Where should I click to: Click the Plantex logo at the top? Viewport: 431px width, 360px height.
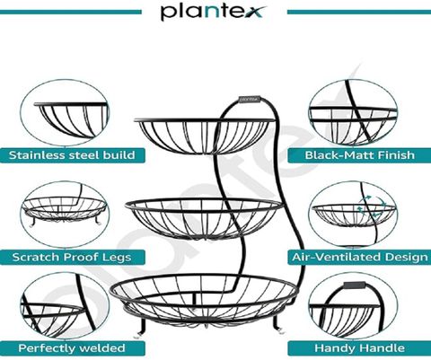(212, 13)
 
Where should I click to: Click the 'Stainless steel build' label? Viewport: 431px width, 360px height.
(72, 155)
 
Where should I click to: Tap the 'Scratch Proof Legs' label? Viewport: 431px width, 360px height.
(72, 257)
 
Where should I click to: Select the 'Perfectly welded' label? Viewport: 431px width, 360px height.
(72, 348)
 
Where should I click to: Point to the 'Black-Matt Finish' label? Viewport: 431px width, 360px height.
(359, 155)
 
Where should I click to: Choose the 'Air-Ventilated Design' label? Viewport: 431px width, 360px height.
(359, 257)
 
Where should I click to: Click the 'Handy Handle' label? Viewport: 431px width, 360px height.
(359, 348)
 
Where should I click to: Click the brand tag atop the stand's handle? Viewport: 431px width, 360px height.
(250, 99)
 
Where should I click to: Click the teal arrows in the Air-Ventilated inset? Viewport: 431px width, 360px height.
(371, 206)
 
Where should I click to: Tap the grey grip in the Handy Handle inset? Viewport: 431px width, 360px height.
(355, 285)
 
